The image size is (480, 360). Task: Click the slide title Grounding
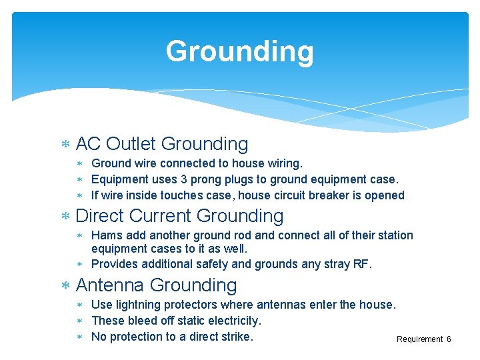239,51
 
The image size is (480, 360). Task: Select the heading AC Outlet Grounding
162,143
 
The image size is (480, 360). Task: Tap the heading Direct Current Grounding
180,215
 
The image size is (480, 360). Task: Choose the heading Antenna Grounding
157,285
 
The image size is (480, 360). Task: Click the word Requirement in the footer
419,339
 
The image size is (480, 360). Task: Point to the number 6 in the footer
449,339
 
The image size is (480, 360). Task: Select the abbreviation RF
361,264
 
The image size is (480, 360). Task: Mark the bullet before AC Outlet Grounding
65,145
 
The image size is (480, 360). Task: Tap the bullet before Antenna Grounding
65,286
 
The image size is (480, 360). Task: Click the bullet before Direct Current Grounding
65,217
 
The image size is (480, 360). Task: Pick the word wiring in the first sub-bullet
285,163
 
